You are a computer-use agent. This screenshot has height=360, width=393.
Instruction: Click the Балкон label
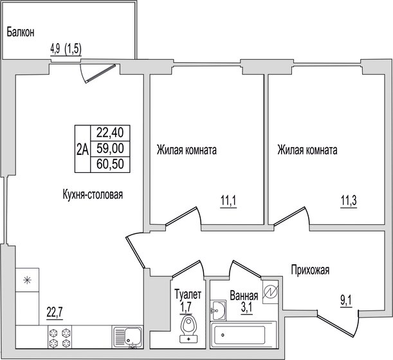(21, 32)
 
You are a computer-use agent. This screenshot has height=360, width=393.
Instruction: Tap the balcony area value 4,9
(55, 49)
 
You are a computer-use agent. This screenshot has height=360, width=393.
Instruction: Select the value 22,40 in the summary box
(110, 132)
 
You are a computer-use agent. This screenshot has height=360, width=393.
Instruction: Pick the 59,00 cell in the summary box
(110, 148)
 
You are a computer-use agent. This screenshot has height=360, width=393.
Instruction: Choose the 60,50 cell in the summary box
(110, 164)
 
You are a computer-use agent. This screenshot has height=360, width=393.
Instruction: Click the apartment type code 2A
(82, 150)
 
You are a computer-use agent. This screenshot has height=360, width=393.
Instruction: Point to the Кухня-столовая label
(93, 194)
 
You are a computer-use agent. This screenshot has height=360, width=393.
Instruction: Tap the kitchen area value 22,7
(55, 312)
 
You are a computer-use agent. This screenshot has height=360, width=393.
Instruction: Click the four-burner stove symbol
(60, 336)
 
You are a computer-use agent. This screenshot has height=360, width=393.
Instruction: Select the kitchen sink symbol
(127, 337)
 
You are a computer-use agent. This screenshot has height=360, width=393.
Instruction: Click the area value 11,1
(228, 201)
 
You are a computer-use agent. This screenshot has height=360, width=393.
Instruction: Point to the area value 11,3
(349, 201)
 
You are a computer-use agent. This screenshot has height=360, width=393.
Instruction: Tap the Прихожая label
(310, 270)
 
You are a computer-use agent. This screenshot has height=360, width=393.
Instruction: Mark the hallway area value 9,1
(346, 300)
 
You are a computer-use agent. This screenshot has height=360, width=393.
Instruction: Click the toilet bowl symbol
(188, 328)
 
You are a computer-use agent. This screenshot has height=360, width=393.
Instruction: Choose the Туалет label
(188, 294)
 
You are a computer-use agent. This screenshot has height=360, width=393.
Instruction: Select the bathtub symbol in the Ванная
(243, 335)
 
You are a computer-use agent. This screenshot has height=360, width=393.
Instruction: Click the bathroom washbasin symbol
(218, 310)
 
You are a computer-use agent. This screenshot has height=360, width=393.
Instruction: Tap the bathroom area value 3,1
(246, 308)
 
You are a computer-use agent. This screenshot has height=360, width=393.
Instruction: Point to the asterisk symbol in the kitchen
(27, 280)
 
